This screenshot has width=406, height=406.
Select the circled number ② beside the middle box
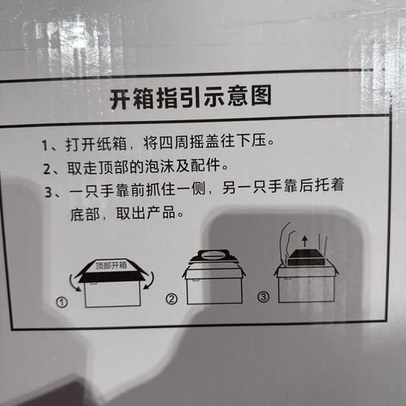point(171,299)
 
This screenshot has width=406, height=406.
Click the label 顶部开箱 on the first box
point(111,265)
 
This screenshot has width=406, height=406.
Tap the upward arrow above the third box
point(304,240)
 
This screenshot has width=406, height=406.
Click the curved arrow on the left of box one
point(76,282)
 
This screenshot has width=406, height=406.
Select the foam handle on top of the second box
point(214,257)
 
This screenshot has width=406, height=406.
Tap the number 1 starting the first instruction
point(45,146)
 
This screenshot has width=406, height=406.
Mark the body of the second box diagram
point(214,288)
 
